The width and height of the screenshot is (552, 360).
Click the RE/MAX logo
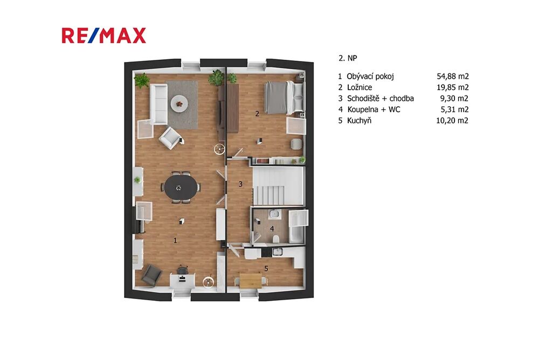coord(104,36)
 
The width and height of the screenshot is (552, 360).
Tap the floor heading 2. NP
coord(348,58)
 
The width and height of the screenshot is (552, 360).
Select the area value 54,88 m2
coord(452,77)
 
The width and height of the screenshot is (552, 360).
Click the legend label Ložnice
coord(360,87)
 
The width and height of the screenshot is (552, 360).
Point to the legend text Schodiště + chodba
coord(380,99)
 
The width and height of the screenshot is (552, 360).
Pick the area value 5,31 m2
coord(454,109)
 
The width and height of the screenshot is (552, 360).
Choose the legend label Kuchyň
coord(359,121)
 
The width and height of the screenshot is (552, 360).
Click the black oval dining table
coord(181,187)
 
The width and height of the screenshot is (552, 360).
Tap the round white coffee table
coord(180,104)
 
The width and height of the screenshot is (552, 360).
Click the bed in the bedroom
coord(284,98)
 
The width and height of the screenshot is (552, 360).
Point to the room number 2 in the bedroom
coord(257,114)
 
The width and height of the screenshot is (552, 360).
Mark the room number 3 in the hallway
coord(240,184)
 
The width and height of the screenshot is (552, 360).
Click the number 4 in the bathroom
coord(272,229)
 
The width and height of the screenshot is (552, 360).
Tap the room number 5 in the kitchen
coord(266,268)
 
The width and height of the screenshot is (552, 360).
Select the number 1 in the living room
coord(175,241)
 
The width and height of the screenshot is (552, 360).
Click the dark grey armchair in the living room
coord(151,274)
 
